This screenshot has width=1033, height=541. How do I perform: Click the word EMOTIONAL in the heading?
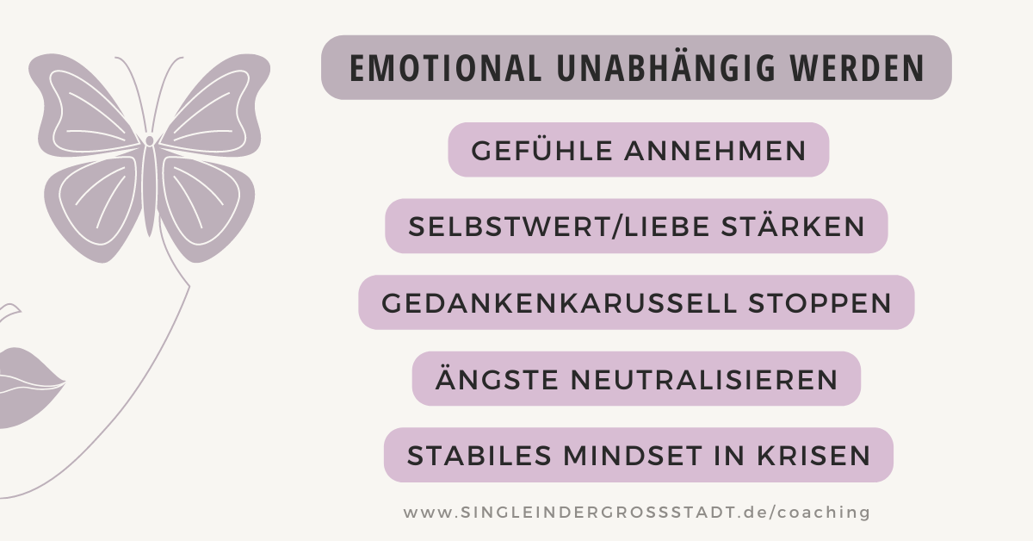(446, 68)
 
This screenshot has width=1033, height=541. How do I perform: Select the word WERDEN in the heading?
(857, 68)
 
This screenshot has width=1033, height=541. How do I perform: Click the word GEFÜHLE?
(541, 150)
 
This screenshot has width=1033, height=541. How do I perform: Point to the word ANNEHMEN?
(715, 151)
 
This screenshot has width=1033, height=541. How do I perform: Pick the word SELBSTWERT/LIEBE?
(559, 227)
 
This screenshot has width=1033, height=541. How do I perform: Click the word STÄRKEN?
(793, 226)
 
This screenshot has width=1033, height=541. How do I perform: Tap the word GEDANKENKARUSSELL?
(559, 304)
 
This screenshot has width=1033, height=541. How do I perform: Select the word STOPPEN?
(820, 304)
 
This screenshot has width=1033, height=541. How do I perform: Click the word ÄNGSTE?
(498, 378)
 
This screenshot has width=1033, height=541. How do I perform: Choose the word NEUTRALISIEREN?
(704, 380)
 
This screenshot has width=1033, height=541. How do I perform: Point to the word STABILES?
(479, 456)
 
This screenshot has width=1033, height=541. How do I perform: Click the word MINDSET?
(633, 456)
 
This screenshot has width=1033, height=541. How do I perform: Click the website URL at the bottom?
(637, 513)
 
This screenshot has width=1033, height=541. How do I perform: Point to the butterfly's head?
(150, 140)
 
